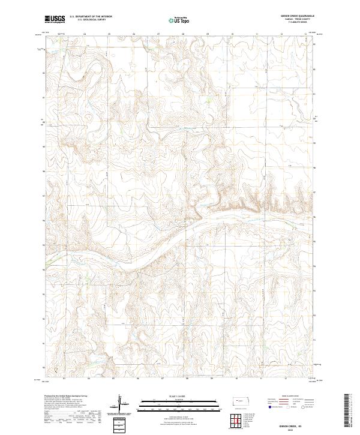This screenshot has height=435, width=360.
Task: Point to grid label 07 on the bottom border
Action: (163, 379)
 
